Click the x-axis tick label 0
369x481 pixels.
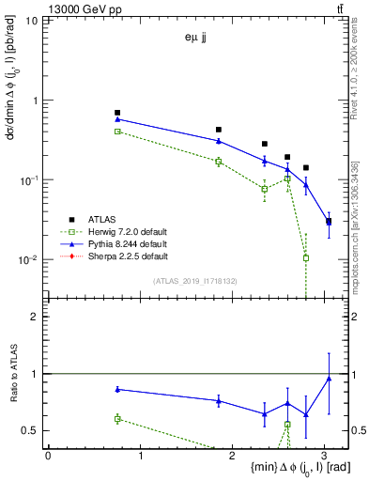[48, 455]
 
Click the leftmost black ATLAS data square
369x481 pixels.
[117, 113]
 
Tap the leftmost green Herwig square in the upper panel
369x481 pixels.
[117, 132]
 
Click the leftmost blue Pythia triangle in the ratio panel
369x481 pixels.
[117, 389]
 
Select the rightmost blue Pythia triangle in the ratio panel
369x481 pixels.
[329, 379]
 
